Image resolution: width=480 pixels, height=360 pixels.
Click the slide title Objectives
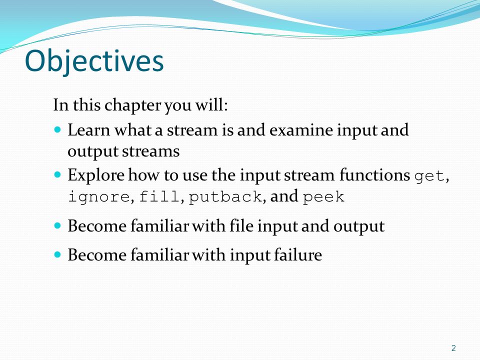[94, 61]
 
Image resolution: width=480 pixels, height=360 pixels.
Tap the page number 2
[453, 348]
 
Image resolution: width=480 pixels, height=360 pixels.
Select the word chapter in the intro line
[132, 105]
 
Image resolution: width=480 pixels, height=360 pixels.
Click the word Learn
[89, 130]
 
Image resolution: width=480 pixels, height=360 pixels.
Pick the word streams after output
[150, 151]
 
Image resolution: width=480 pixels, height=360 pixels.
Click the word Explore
[96, 175]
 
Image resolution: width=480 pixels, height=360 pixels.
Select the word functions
[374, 175]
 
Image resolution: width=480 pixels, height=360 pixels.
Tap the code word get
[429, 176]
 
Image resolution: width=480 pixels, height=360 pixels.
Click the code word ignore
[99, 196]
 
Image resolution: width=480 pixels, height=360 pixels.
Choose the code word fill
[159, 196]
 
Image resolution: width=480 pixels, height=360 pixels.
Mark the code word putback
[225, 196]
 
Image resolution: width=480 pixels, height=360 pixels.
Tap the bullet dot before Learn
[57, 129]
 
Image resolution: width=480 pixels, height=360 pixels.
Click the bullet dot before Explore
[57, 175]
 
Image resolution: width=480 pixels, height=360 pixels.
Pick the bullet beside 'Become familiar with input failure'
[57, 254]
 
